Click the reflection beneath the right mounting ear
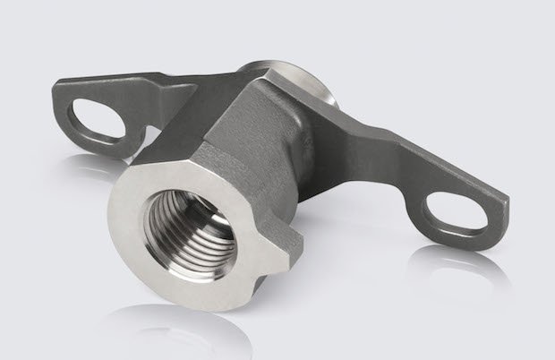point(465,269)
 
